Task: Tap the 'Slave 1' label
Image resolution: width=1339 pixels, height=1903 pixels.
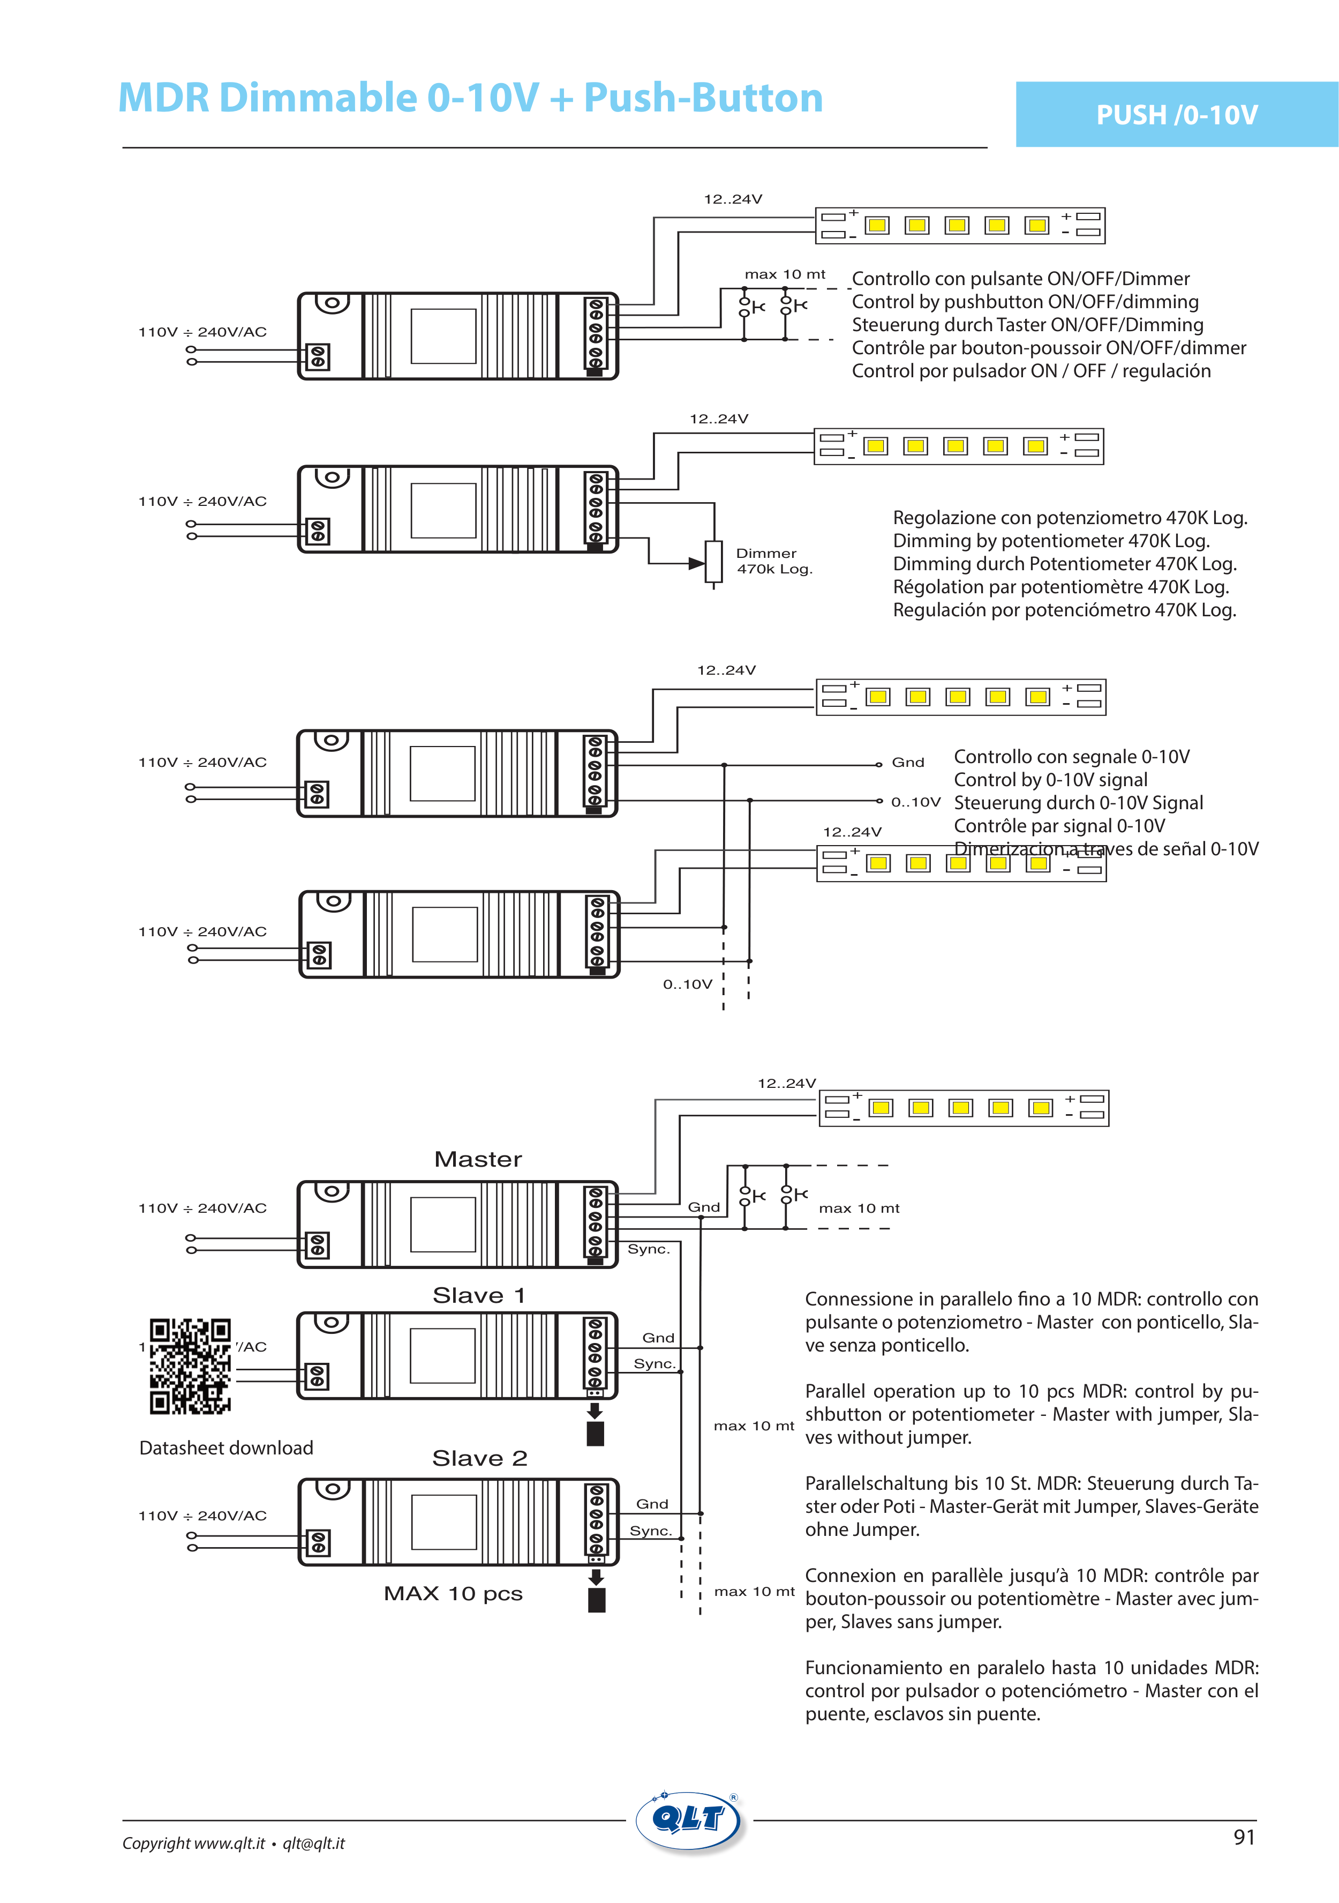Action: pyautogui.click(x=478, y=1295)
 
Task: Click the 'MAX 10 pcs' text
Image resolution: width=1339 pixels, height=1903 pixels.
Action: pyautogui.click(x=453, y=1593)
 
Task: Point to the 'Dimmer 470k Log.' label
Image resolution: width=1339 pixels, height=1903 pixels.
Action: pyautogui.click(x=773, y=561)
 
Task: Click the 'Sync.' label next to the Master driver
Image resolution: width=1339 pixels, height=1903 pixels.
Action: pyautogui.click(x=648, y=1249)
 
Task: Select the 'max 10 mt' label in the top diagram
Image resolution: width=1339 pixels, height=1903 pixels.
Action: pyautogui.click(x=785, y=274)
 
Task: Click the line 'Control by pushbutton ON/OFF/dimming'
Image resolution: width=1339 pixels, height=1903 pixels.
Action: pyautogui.click(x=1025, y=302)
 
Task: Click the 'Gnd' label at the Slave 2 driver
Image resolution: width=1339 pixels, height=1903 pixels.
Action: pyautogui.click(x=652, y=1504)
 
